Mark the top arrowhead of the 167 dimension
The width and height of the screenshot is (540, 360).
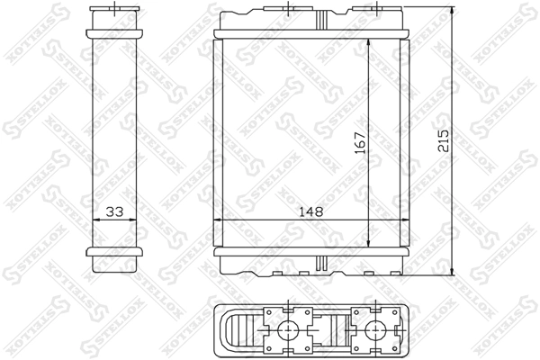[370, 43]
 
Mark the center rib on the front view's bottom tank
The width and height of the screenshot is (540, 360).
[317, 265]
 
